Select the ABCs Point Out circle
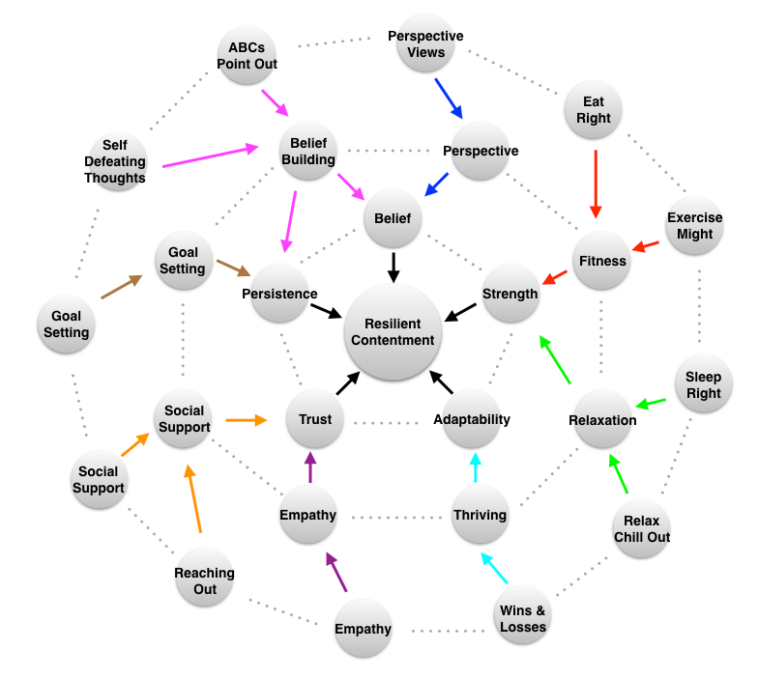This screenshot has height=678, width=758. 252,55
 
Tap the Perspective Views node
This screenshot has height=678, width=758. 425,44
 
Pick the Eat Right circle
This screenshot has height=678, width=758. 594,110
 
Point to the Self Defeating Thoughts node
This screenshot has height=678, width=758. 115,162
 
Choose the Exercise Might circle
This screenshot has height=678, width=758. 695,226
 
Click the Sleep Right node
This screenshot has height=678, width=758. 703,384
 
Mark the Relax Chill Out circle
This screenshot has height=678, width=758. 641,528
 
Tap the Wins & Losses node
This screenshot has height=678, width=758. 522,618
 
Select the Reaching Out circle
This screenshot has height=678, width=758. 204,579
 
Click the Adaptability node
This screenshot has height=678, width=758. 472,419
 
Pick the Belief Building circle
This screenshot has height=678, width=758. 307,152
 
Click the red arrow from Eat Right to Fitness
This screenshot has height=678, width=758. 595,183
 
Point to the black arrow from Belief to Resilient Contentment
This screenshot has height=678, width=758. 394,267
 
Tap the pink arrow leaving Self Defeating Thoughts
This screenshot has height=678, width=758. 211,156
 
